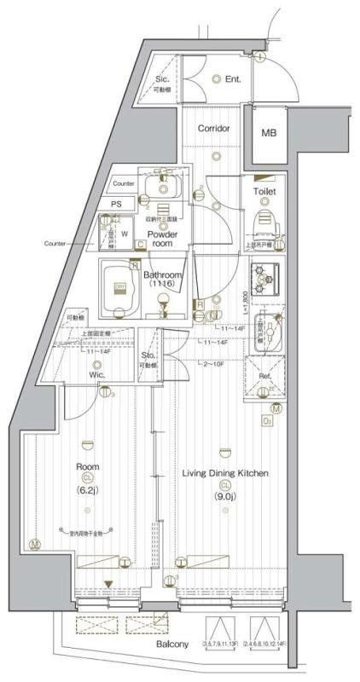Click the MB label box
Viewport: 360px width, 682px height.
point(269,133)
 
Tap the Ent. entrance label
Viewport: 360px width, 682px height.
point(233,79)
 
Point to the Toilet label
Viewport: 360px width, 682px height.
point(264,193)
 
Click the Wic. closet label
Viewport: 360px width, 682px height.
point(96,373)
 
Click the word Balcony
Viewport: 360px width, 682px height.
point(172,644)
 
